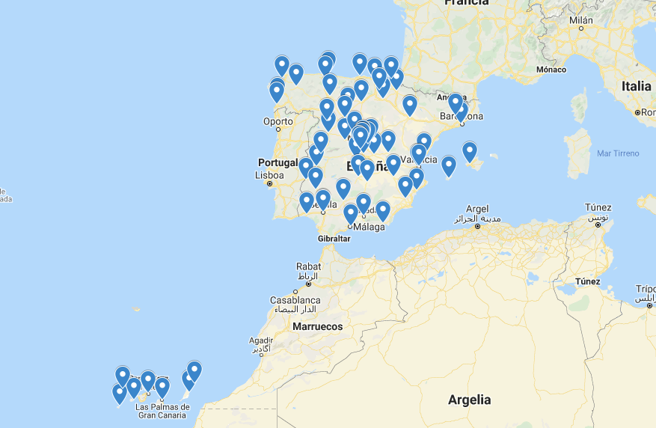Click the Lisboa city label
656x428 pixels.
point(269,176)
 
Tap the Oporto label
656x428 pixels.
point(278,121)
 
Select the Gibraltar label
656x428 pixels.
point(334,238)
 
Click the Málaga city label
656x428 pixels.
point(369,227)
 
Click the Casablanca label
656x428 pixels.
point(295,300)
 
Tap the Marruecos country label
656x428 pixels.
point(317,326)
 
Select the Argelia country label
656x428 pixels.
point(470,399)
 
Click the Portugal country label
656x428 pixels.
point(278,162)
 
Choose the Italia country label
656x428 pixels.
point(636,86)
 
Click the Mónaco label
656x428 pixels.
point(551,70)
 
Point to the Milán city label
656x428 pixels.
point(580,20)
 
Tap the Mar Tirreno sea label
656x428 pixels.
point(618,153)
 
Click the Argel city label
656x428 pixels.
point(476,209)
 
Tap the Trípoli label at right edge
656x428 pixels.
point(646,289)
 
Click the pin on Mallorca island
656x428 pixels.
point(469,150)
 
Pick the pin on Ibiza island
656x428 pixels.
point(449,165)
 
